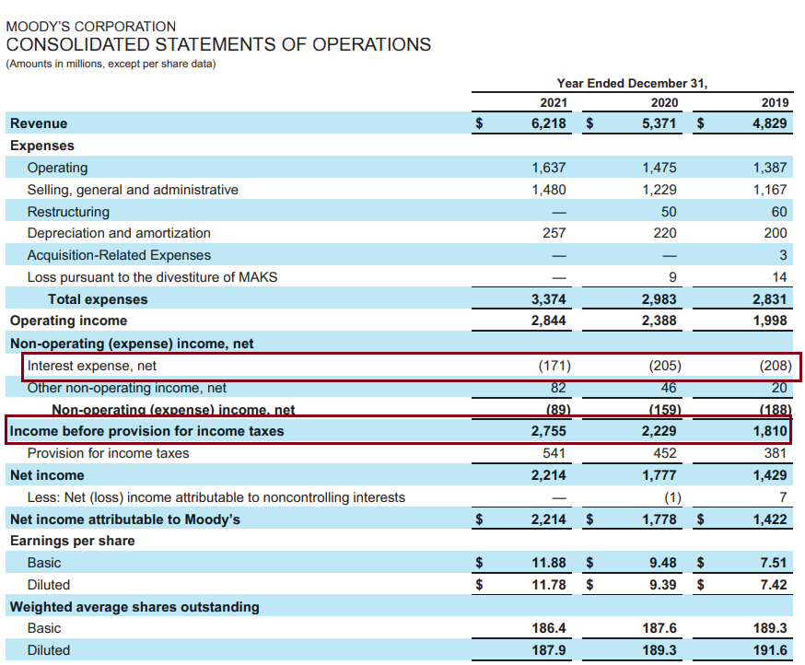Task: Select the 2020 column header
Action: click(x=664, y=102)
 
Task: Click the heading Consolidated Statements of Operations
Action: click(x=218, y=44)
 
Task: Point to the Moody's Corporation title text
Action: click(x=91, y=27)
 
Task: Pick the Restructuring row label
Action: click(x=68, y=212)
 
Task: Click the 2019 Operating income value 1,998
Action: click(x=769, y=321)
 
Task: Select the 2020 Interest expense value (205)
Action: click(x=664, y=366)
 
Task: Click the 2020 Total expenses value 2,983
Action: click(x=659, y=299)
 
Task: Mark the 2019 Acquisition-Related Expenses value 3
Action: click(x=783, y=255)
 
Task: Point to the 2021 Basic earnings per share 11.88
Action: click(x=548, y=563)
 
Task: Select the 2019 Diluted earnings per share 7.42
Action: click(x=774, y=585)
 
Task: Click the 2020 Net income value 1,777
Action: click(x=659, y=475)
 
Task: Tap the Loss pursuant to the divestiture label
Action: click(x=152, y=277)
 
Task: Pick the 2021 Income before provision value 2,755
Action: click(x=548, y=431)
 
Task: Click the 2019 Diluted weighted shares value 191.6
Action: click(x=769, y=650)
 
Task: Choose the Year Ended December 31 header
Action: click(x=632, y=83)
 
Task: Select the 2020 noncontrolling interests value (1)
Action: click(x=672, y=497)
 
